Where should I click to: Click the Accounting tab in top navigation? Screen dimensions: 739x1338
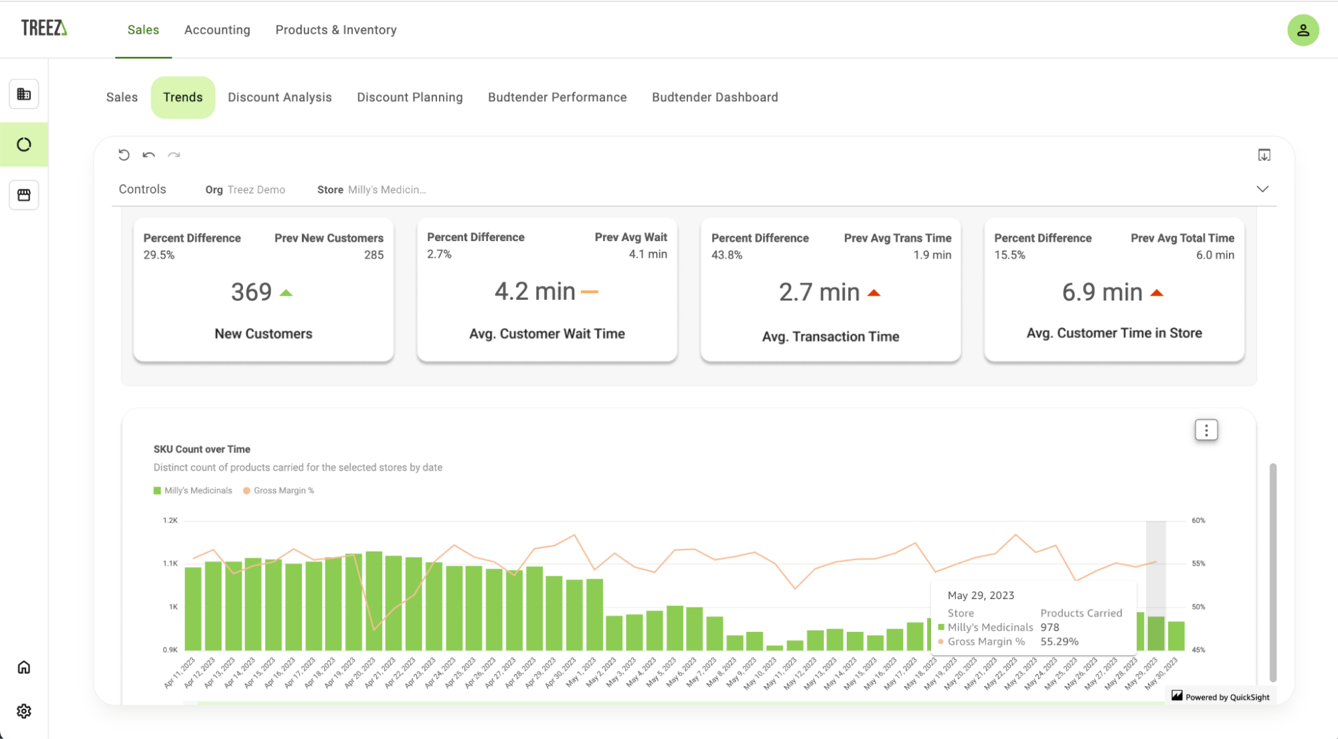(x=217, y=30)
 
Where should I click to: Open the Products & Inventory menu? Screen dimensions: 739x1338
(x=335, y=30)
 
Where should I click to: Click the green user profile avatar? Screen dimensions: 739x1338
(x=1303, y=30)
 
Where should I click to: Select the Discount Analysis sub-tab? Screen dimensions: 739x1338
(x=279, y=98)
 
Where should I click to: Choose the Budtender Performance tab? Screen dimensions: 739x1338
(x=557, y=98)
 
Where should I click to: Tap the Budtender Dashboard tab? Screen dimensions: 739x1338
(x=714, y=98)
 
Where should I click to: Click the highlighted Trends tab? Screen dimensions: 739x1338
(x=183, y=98)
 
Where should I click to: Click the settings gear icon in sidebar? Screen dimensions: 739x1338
(x=24, y=711)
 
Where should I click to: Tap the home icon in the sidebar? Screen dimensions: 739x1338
(x=24, y=667)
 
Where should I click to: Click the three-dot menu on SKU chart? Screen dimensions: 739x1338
(x=1206, y=430)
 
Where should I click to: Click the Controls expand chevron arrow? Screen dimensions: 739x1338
(x=1262, y=189)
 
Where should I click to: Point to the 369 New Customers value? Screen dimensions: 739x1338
(x=252, y=293)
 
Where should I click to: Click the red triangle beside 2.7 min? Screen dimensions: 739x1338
(x=873, y=293)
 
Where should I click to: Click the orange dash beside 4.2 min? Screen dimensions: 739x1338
(x=589, y=292)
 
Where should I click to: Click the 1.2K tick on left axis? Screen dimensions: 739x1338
(x=170, y=520)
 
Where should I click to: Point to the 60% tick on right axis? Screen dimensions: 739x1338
(x=1198, y=520)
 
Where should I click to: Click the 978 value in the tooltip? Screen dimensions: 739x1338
(x=1050, y=627)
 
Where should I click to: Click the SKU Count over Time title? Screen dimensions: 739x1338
(x=201, y=449)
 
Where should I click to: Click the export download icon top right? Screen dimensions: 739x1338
(x=1264, y=155)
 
